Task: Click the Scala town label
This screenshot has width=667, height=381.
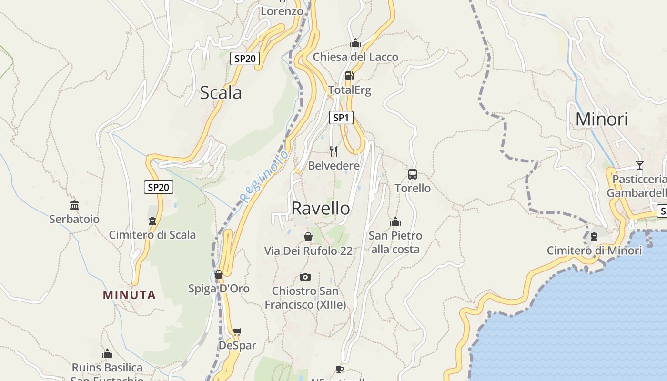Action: pyautogui.click(x=221, y=92)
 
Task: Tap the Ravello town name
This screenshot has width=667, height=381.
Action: pyautogui.click(x=320, y=208)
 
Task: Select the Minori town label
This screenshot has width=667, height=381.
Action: pyautogui.click(x=602, y=119)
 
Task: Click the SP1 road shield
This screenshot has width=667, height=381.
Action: pyautogui.click(x=341, y=118)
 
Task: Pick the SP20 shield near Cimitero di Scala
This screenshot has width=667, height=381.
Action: pyautogui.click(x=159, y=187)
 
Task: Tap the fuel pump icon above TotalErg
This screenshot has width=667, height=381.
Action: pyautogui.click(x=349, y=76)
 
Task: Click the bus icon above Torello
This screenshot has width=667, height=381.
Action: pyautogui.click(x=413, y=174)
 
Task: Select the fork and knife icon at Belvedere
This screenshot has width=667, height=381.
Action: pyautogui.click(x=333, y=151)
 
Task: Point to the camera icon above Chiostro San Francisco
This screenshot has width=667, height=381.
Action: pyautogui.click(x=305, y=277)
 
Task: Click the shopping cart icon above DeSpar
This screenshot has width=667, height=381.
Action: pyautogui.click(x=237, y=331)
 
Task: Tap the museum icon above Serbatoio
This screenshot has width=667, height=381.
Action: pyautogui.click(x=74, y=205)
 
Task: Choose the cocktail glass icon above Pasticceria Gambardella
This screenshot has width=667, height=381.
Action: pyautogui.click(x=639, y=165)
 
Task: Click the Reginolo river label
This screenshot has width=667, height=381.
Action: pyautogui.click(x=264, y=177)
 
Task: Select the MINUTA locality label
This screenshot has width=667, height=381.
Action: pyautogui.click(x=129, y=295)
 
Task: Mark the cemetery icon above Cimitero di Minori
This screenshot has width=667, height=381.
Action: pyautogui.click(x=594, y=237)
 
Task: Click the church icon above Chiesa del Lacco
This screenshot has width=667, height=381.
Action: pyautogui.click(x=355, y=43)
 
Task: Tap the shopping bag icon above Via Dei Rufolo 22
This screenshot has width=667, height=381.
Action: pyautogui.click(x=308, y=237)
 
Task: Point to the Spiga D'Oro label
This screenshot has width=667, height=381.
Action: pyautogui.click(x=219, y=289)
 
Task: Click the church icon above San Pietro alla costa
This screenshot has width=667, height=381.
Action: pyautogui.click(x=395, y=222)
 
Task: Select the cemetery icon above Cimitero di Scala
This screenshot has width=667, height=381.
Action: pyautogui.click(x=152, y=221)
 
